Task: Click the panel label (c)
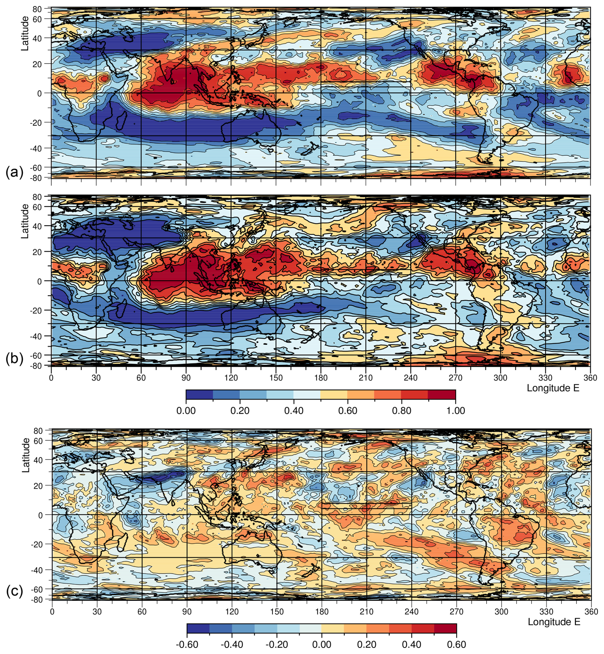point(14,591)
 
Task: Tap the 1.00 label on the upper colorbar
point(455,410)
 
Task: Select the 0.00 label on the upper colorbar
point(186,410)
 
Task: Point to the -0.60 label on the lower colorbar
point(187,644)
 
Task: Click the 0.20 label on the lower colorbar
point(367,644)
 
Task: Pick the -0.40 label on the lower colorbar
point(232,644)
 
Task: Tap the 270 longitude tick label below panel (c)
point(456,612)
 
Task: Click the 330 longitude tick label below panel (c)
point(546,612)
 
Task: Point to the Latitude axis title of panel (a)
point(25,33)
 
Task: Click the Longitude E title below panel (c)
point(554,622)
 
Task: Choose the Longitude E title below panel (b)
point(553,388)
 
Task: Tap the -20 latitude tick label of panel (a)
point(36,122)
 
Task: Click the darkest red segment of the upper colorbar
point(442,394)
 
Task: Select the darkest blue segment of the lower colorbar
point(198,628)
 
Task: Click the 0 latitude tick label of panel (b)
point(40,281)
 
